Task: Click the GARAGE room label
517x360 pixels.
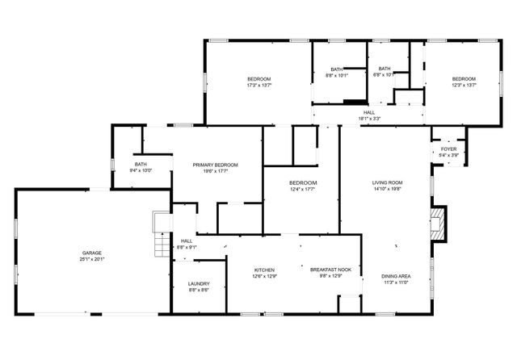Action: click(90, 253)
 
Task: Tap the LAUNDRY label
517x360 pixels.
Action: click(199, 283)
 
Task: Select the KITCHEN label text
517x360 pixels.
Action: click(265, 270)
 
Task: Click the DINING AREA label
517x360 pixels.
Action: click(396, 276)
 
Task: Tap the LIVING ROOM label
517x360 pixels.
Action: click(388, 182)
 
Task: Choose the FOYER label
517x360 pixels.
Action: click(448, 149)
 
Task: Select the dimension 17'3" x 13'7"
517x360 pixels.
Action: click(259, 85)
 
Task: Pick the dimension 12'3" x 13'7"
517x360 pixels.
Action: click(464, 85)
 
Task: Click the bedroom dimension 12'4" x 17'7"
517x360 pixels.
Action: click(304, 190)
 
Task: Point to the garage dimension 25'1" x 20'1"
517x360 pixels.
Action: click(91, 259)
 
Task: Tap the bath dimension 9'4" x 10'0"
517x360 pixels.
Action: click(141, 171)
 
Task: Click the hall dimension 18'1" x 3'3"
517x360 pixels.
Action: click(369, 119)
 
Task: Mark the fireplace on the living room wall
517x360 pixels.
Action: click(439, 224)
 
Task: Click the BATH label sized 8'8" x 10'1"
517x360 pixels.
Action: click(336, 69)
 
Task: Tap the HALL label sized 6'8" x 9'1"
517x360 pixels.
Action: click(187, 241)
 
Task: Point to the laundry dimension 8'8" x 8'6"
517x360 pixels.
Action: click(199, 290)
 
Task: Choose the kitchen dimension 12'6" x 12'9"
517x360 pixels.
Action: click(265, 276)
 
